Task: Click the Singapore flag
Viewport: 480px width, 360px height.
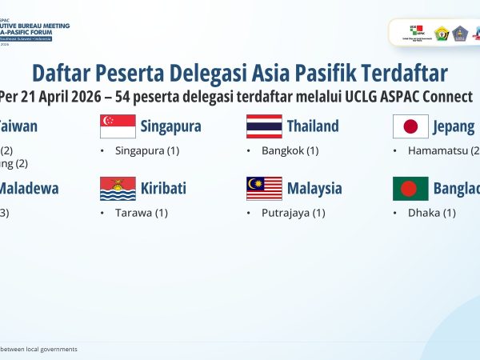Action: click(118, 126)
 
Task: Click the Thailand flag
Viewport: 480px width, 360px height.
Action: click(264, 126)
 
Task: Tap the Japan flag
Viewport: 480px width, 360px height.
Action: click(410, 126)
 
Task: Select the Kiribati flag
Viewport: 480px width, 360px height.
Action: click(118, 189)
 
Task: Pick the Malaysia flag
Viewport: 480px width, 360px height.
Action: click(264, 189)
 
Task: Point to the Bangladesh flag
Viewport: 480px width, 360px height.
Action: click(410, 189)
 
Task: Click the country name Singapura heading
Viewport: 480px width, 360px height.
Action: click(170, 126)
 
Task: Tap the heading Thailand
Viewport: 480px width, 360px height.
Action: click(313, 126)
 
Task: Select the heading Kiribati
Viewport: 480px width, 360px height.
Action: click(163, 189)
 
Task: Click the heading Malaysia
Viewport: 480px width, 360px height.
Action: click(314, 189)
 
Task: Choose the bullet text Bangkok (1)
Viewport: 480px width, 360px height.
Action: click(290, 150)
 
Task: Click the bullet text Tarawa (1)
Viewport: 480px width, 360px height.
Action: click(142, 213)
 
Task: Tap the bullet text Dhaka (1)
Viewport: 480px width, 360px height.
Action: click(431, 213)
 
